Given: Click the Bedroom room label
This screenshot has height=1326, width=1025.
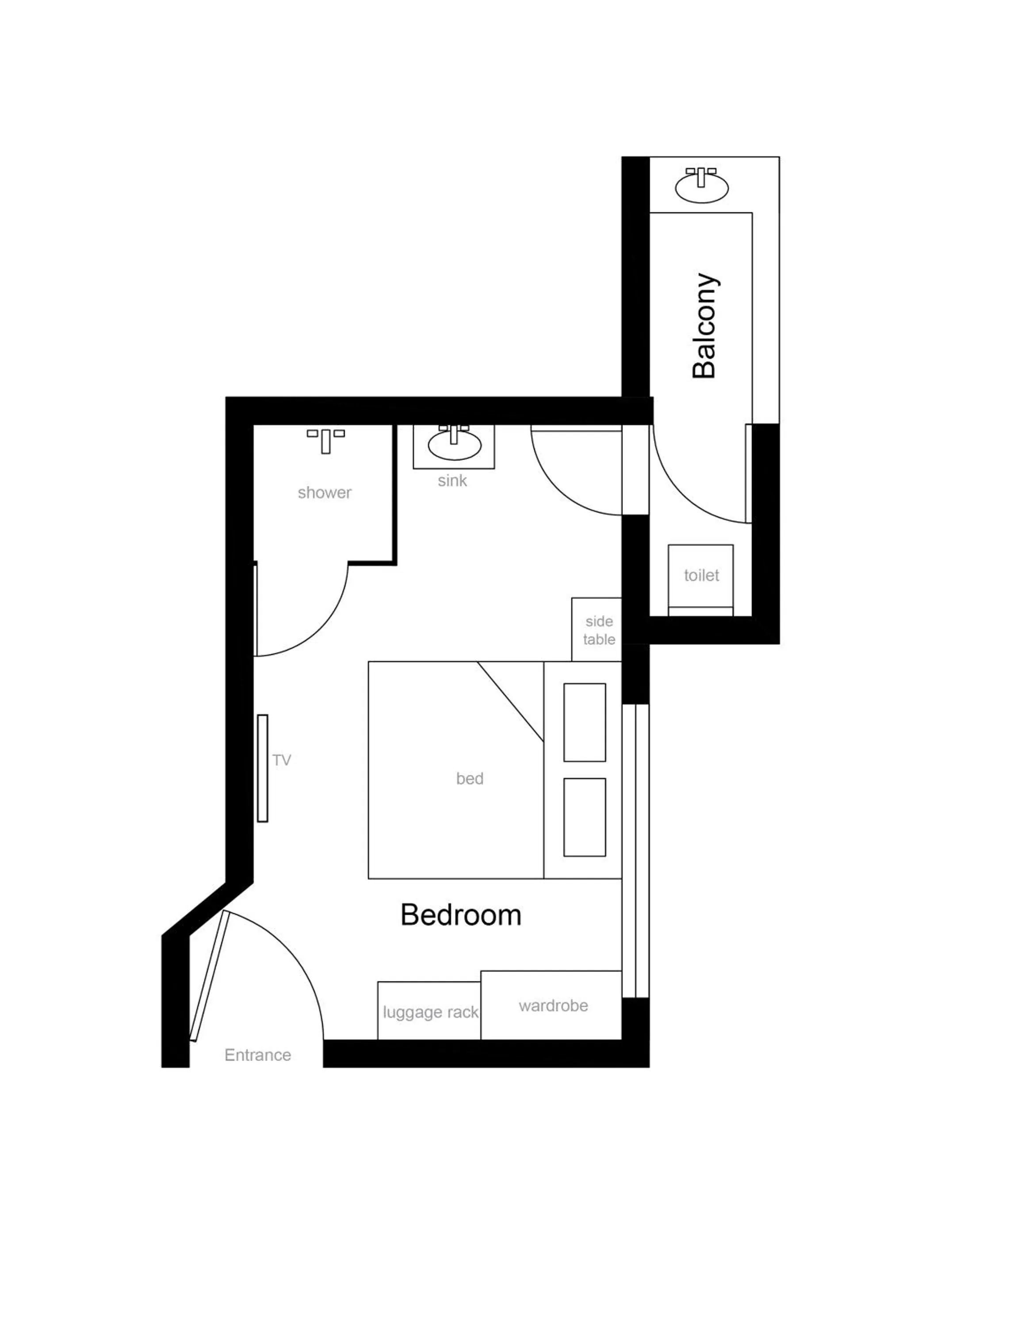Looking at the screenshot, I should (461, 915).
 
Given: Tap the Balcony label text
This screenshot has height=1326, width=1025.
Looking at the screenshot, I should (705, 326).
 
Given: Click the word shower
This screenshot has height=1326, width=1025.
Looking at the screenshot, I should (324, 492).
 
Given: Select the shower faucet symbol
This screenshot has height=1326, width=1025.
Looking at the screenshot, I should (325, 440).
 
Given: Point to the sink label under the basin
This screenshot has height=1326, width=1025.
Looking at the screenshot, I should (452, 480).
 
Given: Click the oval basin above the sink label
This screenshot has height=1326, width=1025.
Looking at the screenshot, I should (454, 446).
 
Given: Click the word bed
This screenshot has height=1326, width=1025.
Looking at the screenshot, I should (470, 778).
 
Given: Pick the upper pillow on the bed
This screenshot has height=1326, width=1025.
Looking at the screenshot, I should (584, 723).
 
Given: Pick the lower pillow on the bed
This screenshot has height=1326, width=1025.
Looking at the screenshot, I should (584, 817).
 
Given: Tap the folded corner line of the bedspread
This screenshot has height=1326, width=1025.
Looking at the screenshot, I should (511, 702).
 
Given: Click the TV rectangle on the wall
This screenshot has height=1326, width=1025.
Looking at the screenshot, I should (262, 768).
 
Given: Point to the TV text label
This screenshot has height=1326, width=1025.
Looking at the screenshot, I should (282, 760).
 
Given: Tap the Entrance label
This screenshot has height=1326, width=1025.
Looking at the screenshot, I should (257, 1055).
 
